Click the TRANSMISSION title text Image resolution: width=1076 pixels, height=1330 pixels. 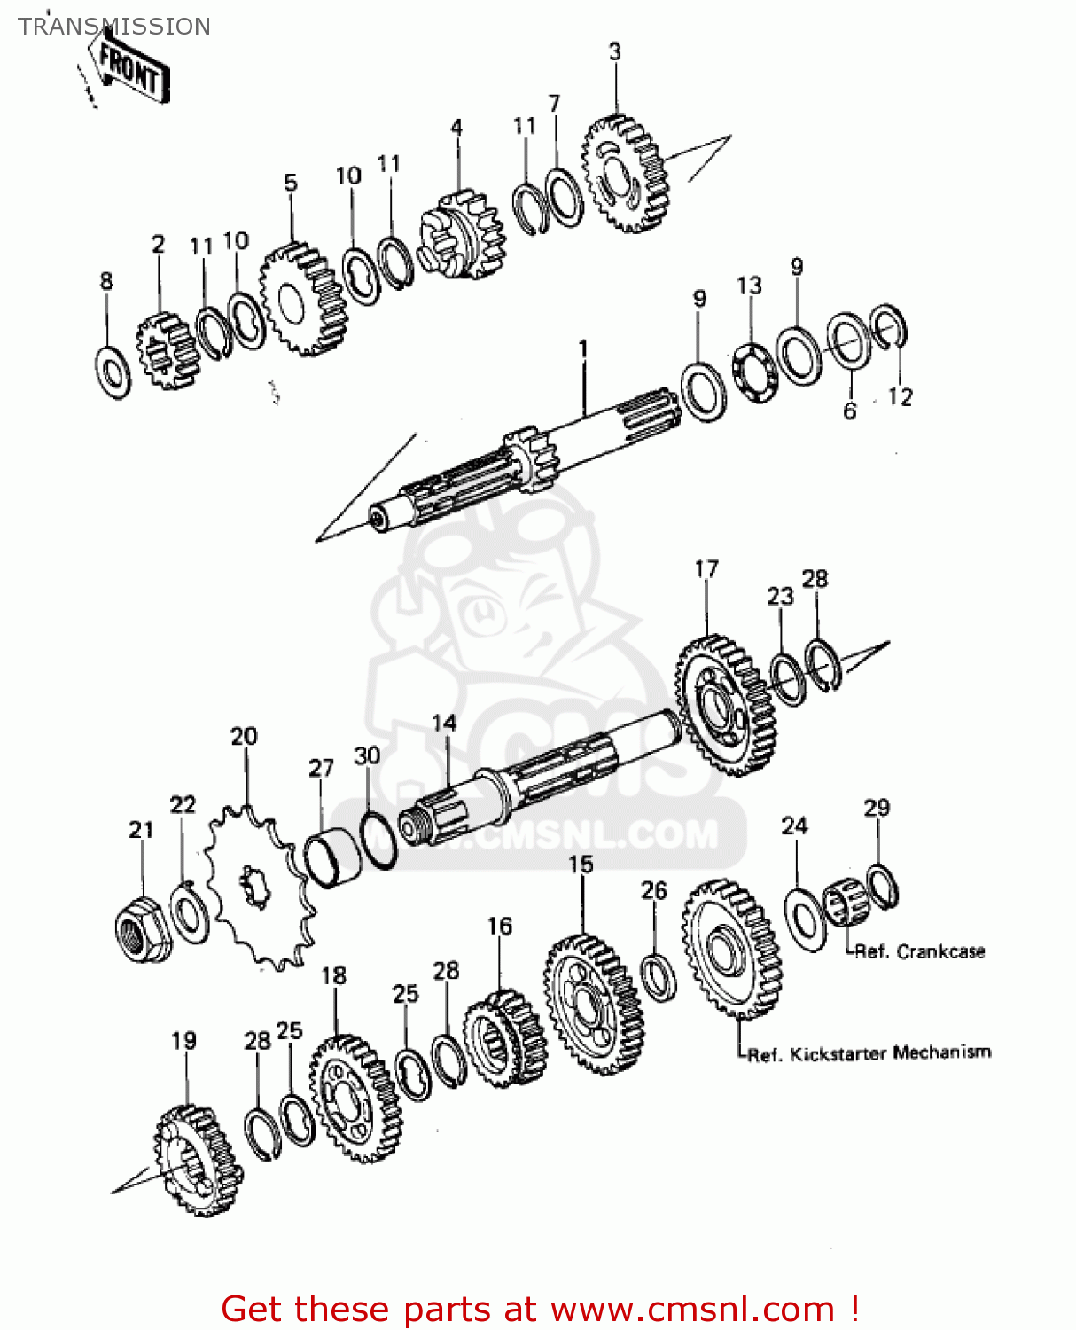coord(114,27)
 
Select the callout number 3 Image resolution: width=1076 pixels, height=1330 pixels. coord(615,51)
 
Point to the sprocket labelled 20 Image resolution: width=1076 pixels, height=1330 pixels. coord(257,887)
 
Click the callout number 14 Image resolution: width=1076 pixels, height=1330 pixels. coord(444,724)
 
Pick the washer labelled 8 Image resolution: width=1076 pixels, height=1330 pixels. coord(113,372)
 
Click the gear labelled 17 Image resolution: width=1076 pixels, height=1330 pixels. coord(726,706)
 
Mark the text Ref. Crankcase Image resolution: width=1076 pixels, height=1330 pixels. coord(919,952)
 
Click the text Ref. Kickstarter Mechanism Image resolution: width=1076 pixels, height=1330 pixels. coord(869,1053)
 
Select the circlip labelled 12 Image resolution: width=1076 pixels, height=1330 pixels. coord(888,326)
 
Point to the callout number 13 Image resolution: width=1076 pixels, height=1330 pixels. coord(749,286)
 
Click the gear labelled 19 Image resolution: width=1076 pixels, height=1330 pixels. coord(198,1160)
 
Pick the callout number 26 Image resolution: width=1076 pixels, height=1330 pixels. coord(654,890)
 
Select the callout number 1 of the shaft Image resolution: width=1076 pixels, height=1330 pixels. coord(583,350)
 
